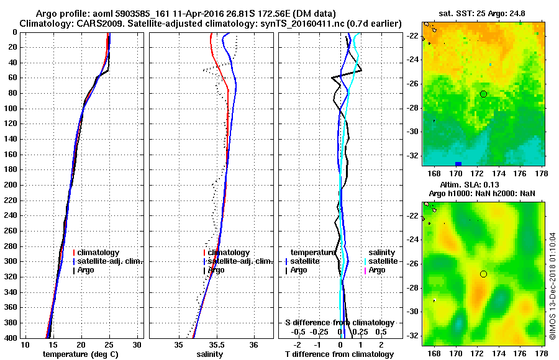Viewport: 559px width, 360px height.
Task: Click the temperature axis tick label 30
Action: coord(138,345)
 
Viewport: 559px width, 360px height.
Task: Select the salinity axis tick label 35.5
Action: coord(217,345)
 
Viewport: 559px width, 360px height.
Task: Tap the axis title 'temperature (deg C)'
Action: coord(80,354)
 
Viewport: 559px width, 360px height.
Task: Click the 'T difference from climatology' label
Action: coord(339,354)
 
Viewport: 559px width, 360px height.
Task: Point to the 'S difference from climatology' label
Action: coord(339,323)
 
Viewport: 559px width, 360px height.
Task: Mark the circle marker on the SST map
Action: coord(483,94)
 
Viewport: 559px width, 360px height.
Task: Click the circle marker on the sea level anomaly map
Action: coord(483,274)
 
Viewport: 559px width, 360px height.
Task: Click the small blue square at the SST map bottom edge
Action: coord(458,164)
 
